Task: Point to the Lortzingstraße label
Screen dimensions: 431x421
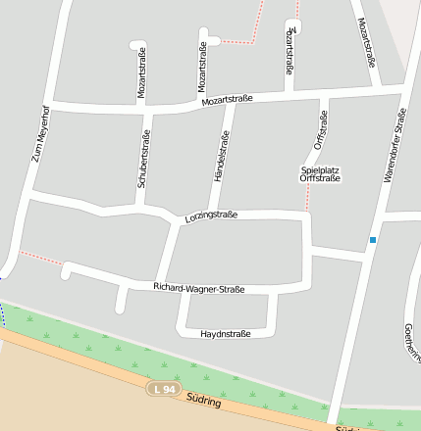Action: click(x=211, y=215)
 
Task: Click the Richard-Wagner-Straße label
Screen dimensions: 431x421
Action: click(x=198, y=288)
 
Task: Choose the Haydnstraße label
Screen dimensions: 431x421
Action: click(x=225, y=334)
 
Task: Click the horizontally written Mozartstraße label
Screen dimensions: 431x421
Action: click(x=227, y=99)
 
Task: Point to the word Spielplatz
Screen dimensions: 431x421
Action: click(x=320, y=169)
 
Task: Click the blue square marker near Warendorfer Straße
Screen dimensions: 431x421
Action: click(x=372, y=240)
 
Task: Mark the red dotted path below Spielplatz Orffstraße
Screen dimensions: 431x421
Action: click(x=307, y=197)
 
